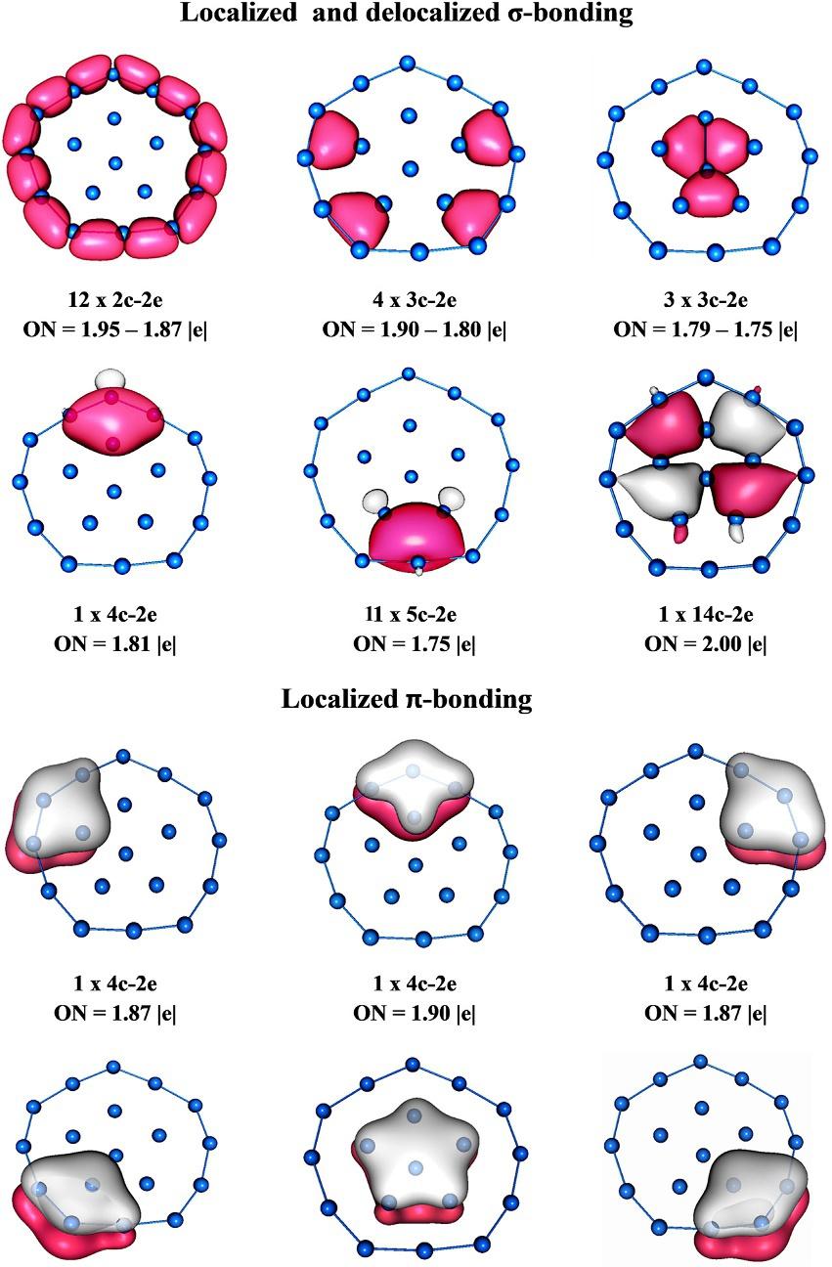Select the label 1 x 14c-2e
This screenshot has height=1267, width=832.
point(706,615)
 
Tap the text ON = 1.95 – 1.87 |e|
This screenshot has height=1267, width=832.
point(114,329)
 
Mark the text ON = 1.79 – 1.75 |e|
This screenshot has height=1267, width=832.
point(706,329)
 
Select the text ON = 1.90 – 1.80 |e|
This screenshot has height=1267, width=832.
point(415,329)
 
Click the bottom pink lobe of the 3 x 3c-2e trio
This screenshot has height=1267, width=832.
point(706,193)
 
